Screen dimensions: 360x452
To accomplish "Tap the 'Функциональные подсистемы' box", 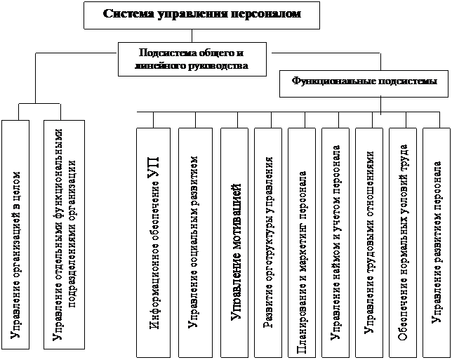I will [364, 81].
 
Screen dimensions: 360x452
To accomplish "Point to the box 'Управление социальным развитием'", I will [194, 239].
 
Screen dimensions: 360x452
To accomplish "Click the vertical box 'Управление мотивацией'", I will [237, 239].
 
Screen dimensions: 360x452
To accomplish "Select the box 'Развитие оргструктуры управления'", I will [270, 239].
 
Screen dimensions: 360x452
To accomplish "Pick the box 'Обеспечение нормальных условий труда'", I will [404, 239].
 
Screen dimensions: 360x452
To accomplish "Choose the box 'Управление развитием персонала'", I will [437, 239].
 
